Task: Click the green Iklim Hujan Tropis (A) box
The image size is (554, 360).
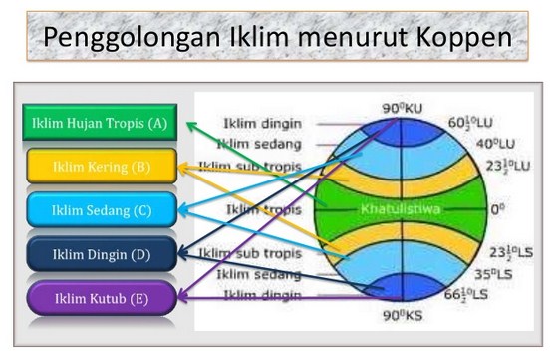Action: (x=99, y=124)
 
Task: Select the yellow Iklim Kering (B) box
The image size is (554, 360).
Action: (x=102, y=167)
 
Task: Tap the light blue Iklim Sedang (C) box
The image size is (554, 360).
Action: (x=102, y=210)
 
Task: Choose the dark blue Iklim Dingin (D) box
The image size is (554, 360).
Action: (x=102, y=254)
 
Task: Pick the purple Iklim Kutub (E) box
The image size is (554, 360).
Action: (x=102, y=296)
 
